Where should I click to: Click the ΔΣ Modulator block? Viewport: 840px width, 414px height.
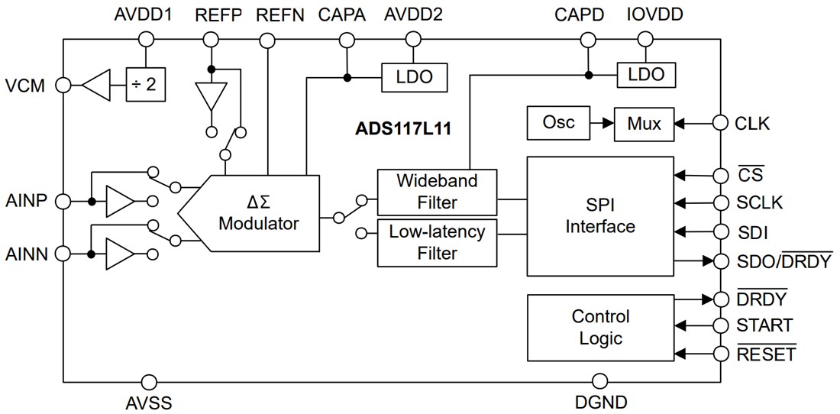[x=260, y=213]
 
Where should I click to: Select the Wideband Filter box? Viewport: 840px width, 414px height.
[x=437, y=192]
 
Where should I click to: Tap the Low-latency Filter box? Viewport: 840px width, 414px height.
[x=437, y=242]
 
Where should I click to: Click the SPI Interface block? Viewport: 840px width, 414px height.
[x=600, y=216]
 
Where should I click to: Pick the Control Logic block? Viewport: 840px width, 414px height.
[x=600, y=328]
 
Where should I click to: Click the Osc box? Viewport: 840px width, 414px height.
[x=559, y=123]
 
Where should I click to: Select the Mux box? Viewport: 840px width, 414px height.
[x=644, y=123]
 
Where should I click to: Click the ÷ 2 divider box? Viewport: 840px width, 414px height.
[x=146, y=85]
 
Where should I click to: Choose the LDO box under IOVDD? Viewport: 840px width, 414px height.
[x=647, y=75]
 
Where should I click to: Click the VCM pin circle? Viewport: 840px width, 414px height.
[x=64, y=85]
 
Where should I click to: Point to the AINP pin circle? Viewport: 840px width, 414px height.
[x=64, y=202]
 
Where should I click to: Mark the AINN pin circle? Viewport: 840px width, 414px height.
[x=64, y=253]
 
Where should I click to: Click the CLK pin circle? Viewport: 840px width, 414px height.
[x=720, y=122]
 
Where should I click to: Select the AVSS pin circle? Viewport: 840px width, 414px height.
[x=150, y=380]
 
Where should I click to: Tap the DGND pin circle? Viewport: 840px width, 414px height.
[x=599, y=380]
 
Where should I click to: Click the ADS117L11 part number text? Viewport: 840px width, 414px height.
[x=404, y=128]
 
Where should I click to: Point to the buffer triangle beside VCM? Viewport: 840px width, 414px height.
[x=97, y=85]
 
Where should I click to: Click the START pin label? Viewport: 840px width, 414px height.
[x=764, y=326]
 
